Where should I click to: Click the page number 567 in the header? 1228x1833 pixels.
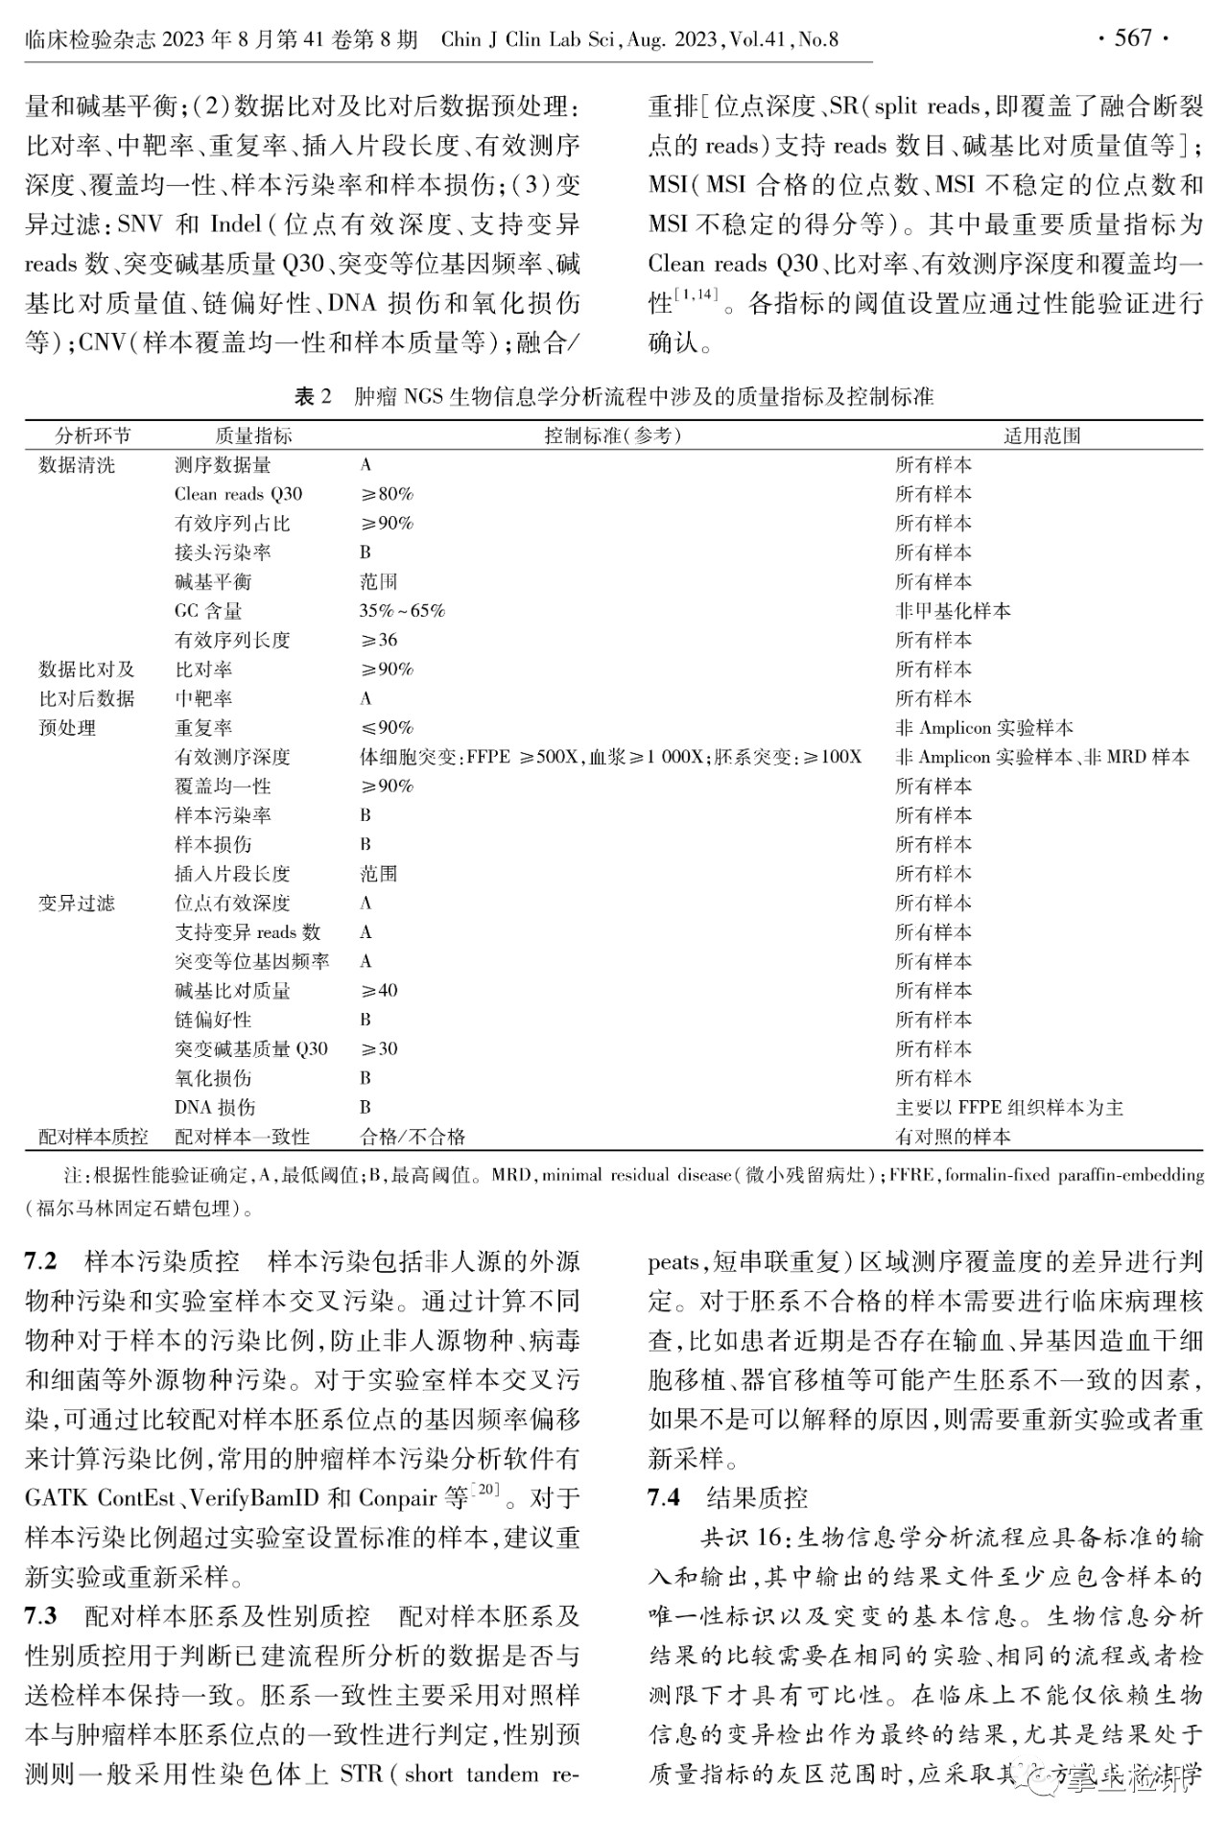click(1132, 38)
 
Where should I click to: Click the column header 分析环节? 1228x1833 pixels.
click(93, 435)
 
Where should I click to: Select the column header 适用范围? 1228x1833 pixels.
click(1042, 435)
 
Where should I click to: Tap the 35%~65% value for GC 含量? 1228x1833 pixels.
click(402, 611)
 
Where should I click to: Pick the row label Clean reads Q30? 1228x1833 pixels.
click(238, 494)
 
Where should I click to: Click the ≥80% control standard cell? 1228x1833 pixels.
click(387, 494)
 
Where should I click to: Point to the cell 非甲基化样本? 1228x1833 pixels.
click(953, 611)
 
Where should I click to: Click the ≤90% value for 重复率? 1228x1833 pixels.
click(387, 728)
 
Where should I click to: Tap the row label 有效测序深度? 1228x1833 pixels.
click(232, 757)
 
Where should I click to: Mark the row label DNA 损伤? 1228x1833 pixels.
click(215, 1108)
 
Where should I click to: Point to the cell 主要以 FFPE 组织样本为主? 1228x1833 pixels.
click(1009, 1108)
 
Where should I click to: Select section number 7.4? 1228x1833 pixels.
click(664, 1497)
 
